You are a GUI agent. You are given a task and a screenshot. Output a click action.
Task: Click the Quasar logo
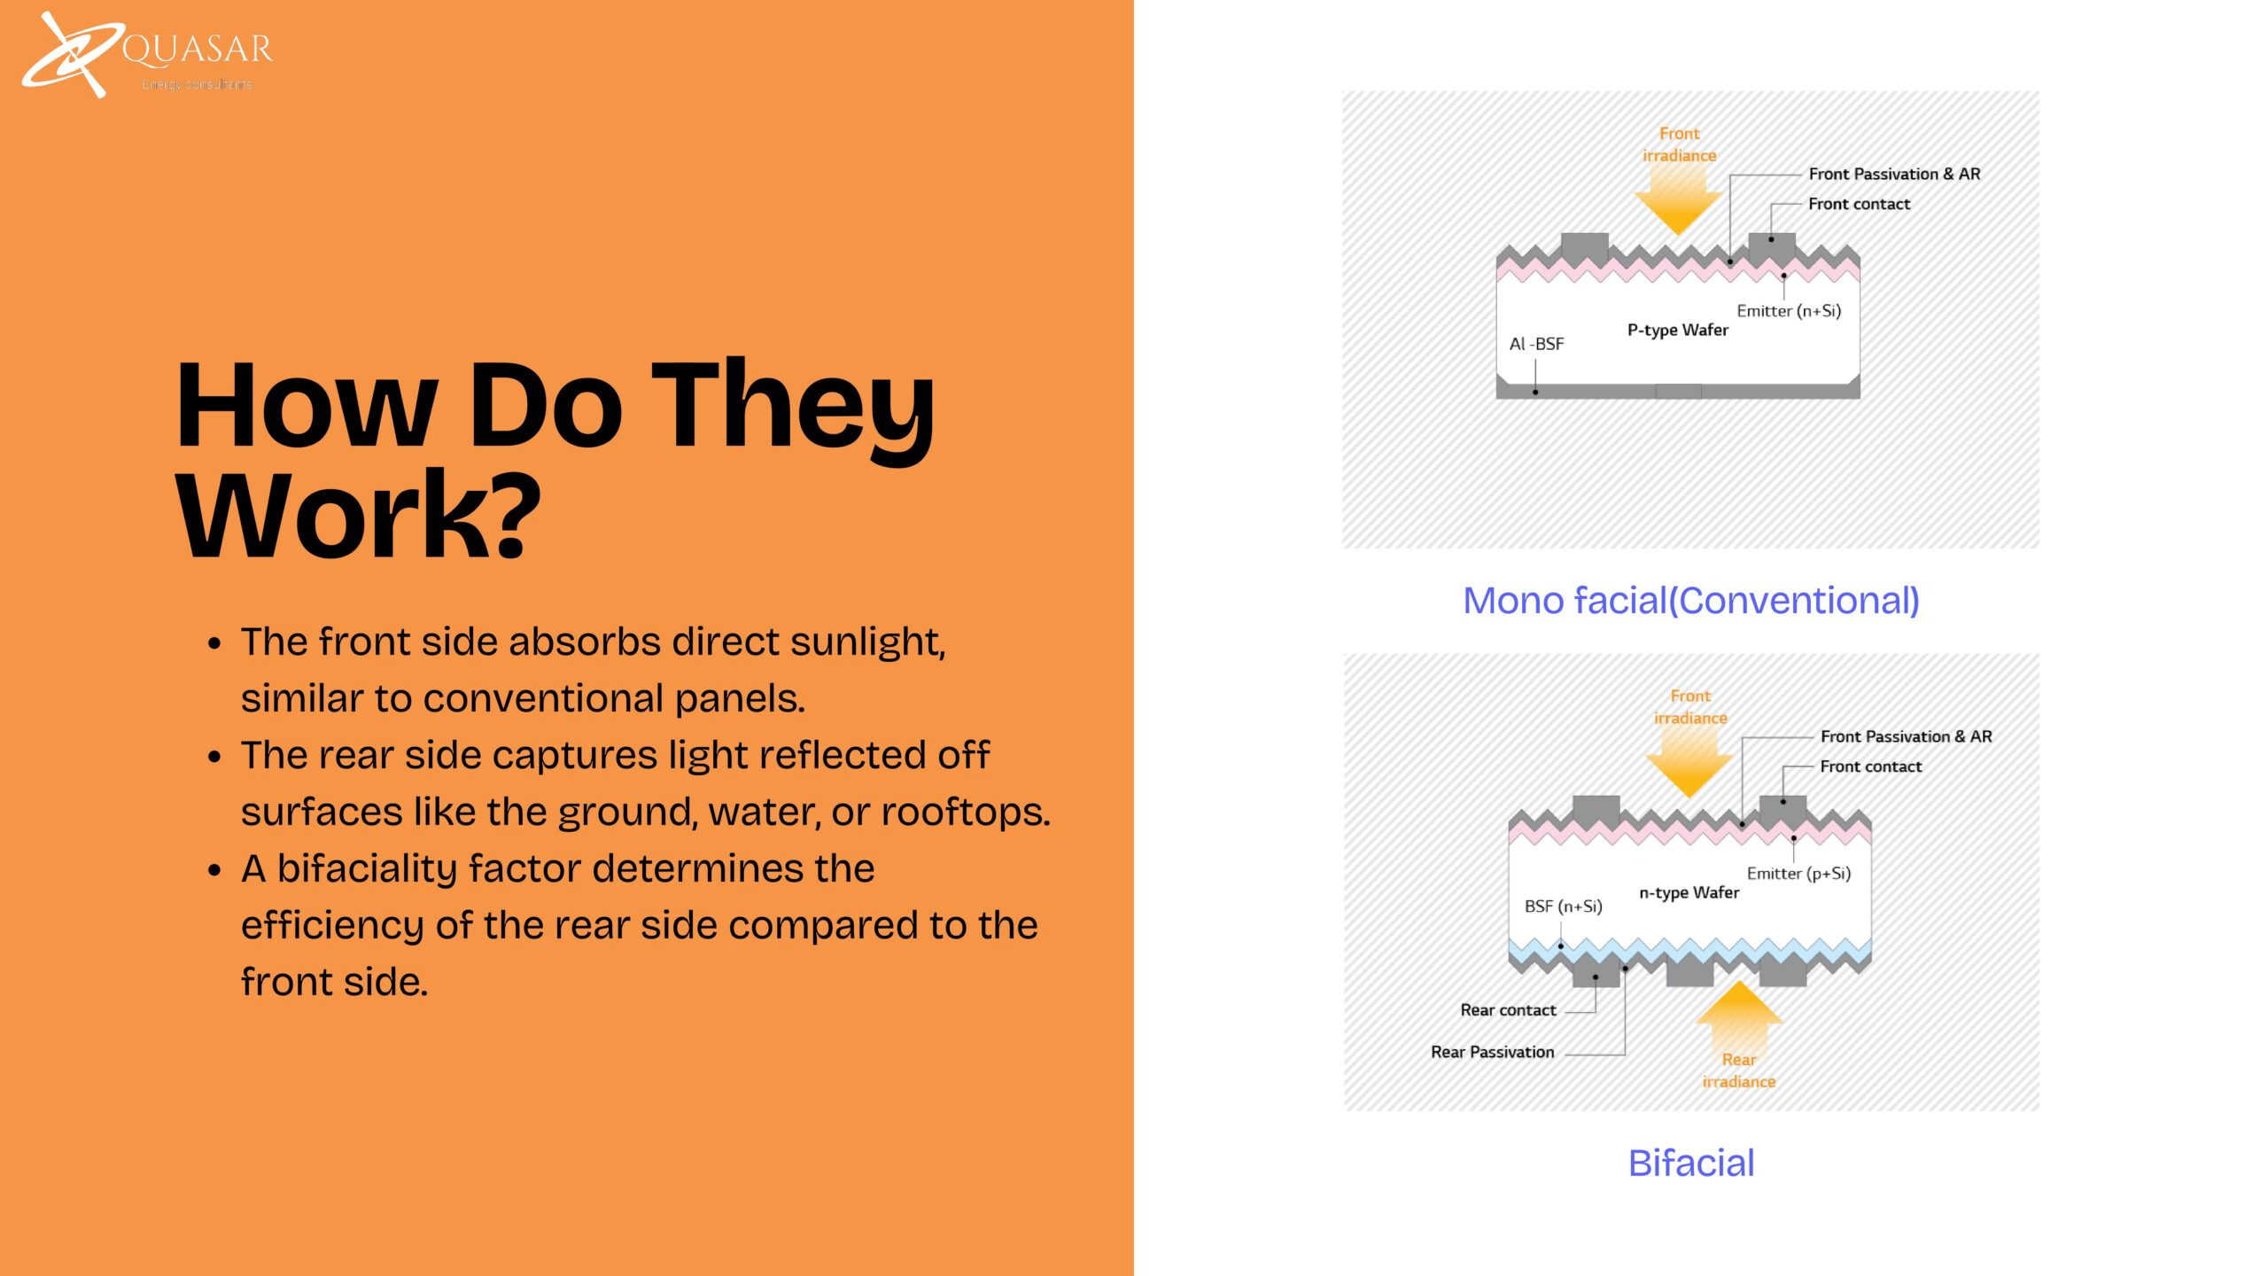tap(147, 54)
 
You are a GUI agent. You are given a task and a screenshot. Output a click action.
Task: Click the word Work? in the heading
tap(358, 516)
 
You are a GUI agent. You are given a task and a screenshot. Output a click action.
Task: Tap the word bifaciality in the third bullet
tap(367, 869)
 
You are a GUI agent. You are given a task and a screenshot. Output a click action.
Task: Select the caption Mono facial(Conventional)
tap(1691, 601)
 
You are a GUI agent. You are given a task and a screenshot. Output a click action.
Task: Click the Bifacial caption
tap(1691, 1163)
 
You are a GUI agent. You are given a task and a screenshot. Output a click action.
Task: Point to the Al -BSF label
tap(1537, 344)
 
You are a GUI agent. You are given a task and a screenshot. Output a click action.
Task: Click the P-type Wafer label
tap(1678, 331)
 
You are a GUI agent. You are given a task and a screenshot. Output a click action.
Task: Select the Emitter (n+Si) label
tap(1789, 311)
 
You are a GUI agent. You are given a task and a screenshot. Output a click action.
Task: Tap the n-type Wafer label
tap(1689, 893)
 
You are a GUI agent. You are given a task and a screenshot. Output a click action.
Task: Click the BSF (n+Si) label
tap(1564, 906)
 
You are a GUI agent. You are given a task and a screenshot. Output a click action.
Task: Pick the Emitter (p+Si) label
tap(1799, 874)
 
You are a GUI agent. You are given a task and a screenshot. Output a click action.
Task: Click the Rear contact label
tap(1508, 1010)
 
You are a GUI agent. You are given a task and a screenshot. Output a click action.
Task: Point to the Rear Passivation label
tap(1493, 1052)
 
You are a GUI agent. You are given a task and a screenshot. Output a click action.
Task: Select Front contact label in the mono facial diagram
tap(1860, 204)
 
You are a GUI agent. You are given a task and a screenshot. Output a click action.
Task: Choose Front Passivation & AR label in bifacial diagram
tap(1907, 736)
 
